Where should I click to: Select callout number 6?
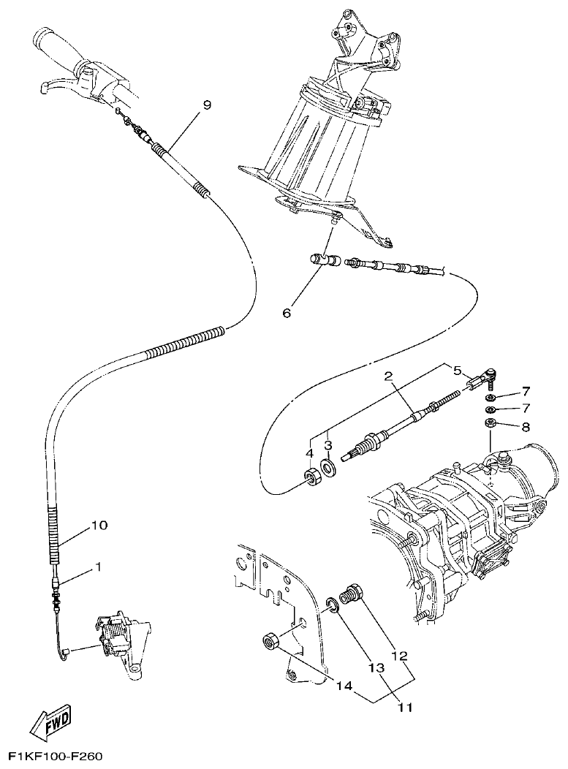(x=287, y=312)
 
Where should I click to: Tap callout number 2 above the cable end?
(x=389, y=376)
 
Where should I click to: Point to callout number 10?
(x=99, y=526)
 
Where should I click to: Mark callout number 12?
(x=399, y=656)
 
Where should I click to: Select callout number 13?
(x=376, y=668)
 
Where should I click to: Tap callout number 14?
(x=344, y=686)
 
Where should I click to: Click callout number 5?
(x=457, y=370)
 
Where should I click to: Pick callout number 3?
(x=328, y=444)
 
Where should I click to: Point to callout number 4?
(x=310, y=452)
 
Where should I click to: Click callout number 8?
(x=526, y=425)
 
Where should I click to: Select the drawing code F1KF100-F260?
(x=55, y=755)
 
